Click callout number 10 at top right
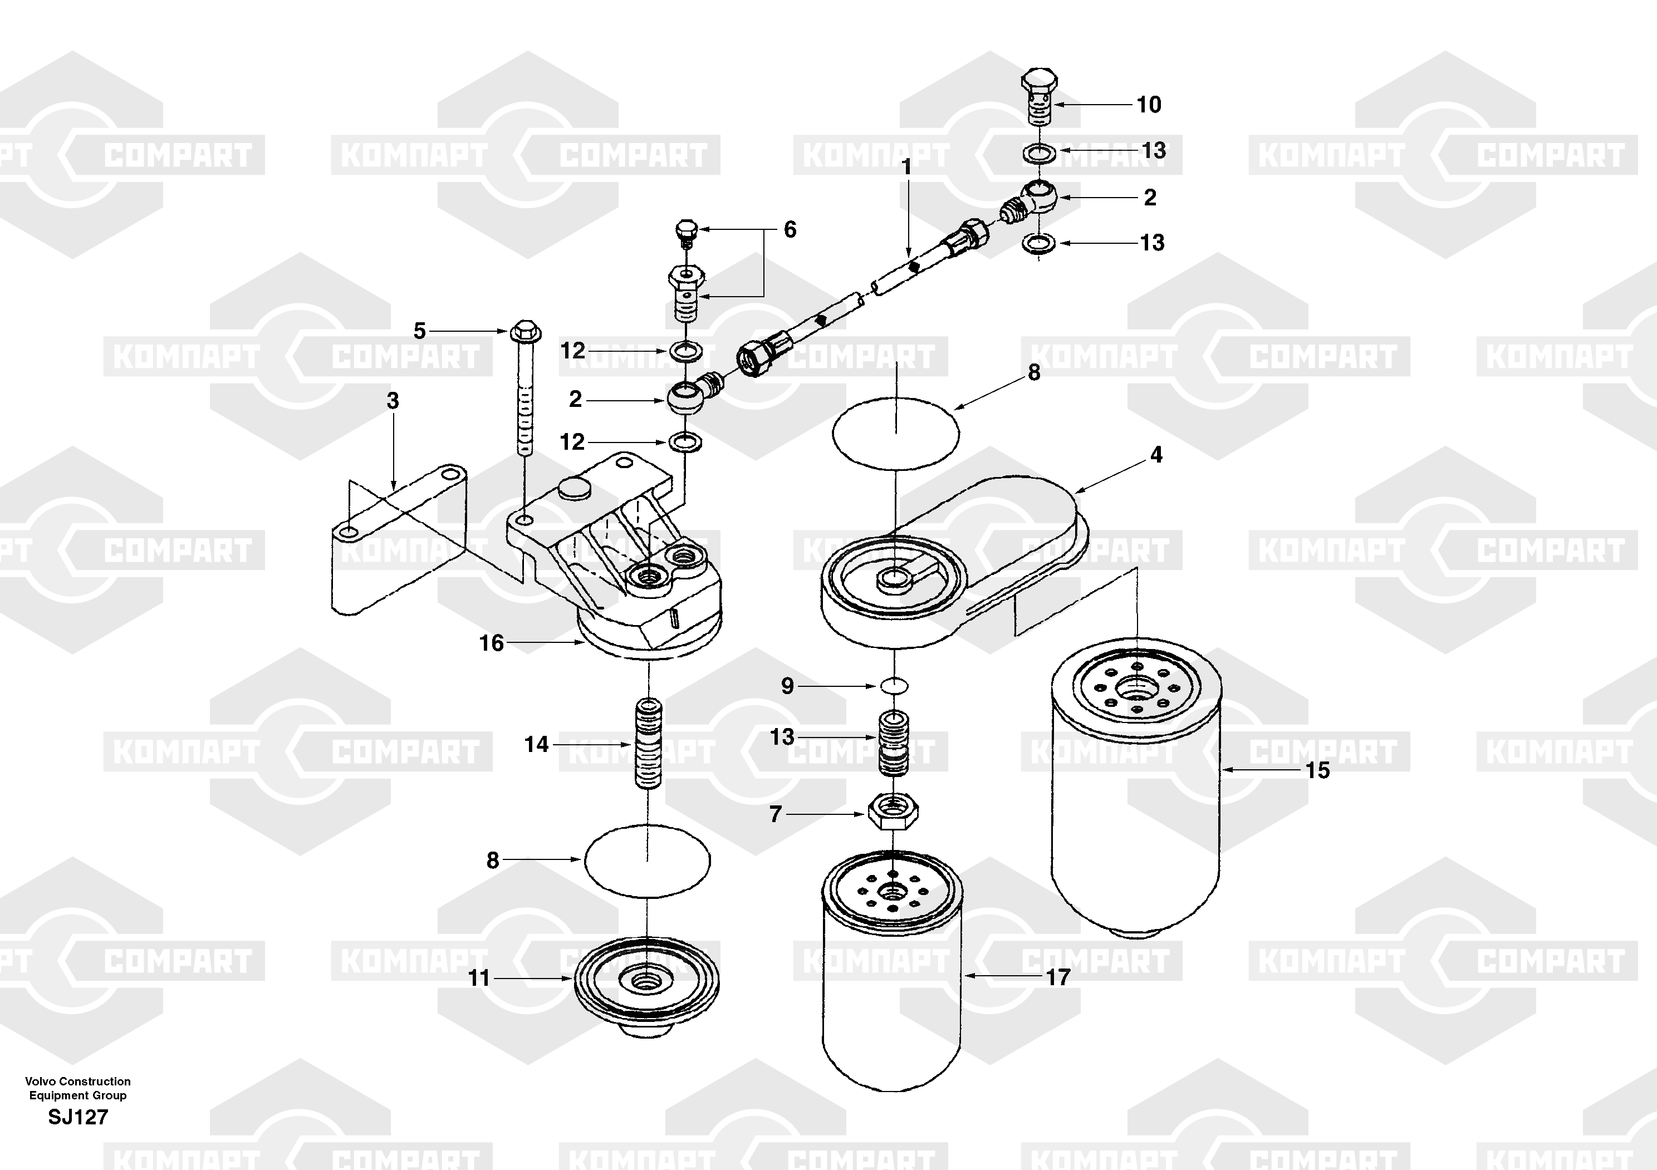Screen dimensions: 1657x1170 (x=1149, y=105)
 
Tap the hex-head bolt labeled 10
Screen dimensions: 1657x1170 (x=1038, y=98)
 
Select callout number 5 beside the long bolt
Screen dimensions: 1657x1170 (x=419, y=331)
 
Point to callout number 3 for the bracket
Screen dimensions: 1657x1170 (x=393, y=401)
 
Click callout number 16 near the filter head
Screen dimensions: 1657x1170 (x=492, y=643)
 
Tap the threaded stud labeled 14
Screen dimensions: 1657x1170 (x=648, y=743)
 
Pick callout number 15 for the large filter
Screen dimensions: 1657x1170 (x=1317, y=770)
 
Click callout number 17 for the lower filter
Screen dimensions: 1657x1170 (x=1058, y=977)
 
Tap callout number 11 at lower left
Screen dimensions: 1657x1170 (x=479, y=978)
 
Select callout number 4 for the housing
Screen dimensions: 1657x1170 (x=1156, y=455)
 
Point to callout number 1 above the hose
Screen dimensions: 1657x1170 (x=906, y=168)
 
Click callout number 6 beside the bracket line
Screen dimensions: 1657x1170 (x=790, y=230)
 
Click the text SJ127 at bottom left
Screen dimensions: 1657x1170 (x=78, y=1117)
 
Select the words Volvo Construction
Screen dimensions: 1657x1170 (x=78, y=1081)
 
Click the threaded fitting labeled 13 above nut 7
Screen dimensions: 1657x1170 (x=894, y=743)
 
